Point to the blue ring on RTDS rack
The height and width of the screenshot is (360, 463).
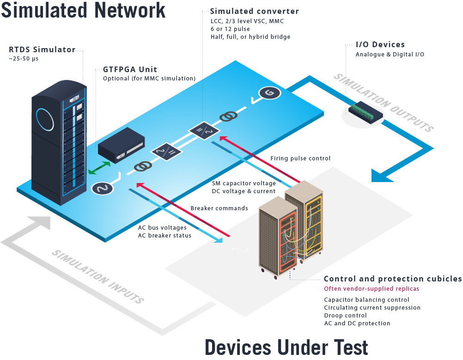click(46, 119)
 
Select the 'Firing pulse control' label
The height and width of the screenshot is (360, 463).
click(300, 159)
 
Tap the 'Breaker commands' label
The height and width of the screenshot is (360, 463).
click(219, 208)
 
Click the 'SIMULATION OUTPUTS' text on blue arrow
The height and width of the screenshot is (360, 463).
click(384, 103)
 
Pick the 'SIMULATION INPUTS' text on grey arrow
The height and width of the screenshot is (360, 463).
click(97, 276)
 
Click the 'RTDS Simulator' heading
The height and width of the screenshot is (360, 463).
click(42, 50)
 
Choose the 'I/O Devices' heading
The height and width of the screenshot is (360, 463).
click(380, 45)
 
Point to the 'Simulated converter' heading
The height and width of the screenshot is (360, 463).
click(254, 11)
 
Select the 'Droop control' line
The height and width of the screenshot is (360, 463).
click(345, 315)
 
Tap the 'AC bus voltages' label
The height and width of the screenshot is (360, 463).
click(162, 227)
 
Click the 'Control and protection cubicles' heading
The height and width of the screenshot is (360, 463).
click(392, 279)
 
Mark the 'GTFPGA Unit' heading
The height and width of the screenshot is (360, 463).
click(130, 70)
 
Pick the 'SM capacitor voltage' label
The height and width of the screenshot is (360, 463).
click(244, 183)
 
